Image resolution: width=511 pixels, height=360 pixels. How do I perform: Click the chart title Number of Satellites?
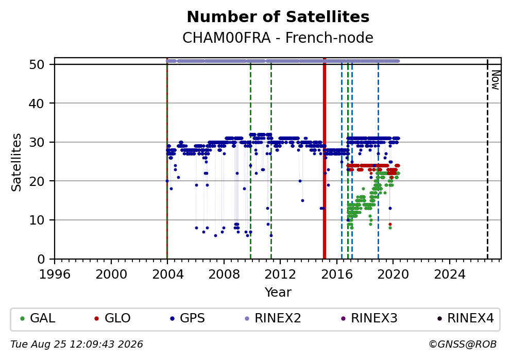tap(278, 17)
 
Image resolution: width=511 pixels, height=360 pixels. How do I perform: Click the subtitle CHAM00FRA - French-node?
tap(278, 38)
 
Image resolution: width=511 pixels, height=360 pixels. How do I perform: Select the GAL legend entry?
tap(38, 318)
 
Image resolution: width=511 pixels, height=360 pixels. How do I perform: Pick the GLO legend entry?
tap(112, 318)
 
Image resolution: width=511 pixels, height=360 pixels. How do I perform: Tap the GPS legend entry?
tap(188, 318)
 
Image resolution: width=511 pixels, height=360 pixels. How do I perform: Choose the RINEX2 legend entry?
tap(273, 318)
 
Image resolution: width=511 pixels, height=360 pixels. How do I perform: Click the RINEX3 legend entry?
tap(369, 318)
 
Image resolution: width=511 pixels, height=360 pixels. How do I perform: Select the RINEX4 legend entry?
tap(466, 318)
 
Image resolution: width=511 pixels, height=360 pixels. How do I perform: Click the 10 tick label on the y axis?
tap(37, 220)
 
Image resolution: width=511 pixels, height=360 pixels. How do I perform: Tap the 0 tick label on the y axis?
tap(41, 260)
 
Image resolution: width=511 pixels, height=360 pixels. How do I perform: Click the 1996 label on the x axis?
tap(55, 275)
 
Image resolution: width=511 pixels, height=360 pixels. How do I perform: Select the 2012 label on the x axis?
tap(280, 275)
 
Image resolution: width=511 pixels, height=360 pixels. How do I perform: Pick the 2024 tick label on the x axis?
tap(450, 275)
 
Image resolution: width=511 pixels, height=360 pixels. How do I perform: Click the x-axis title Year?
tap(278, 292)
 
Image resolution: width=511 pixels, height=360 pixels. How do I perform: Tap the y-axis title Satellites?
tap(16, 162)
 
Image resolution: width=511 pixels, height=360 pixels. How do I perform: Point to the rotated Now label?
tap(496, 80)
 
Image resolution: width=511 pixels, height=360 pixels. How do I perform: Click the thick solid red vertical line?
tap(324, 158)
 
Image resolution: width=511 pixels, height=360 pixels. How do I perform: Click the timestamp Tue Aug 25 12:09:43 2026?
tap(77, 345)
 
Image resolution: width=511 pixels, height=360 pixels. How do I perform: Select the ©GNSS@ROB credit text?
tap(463, 345)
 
